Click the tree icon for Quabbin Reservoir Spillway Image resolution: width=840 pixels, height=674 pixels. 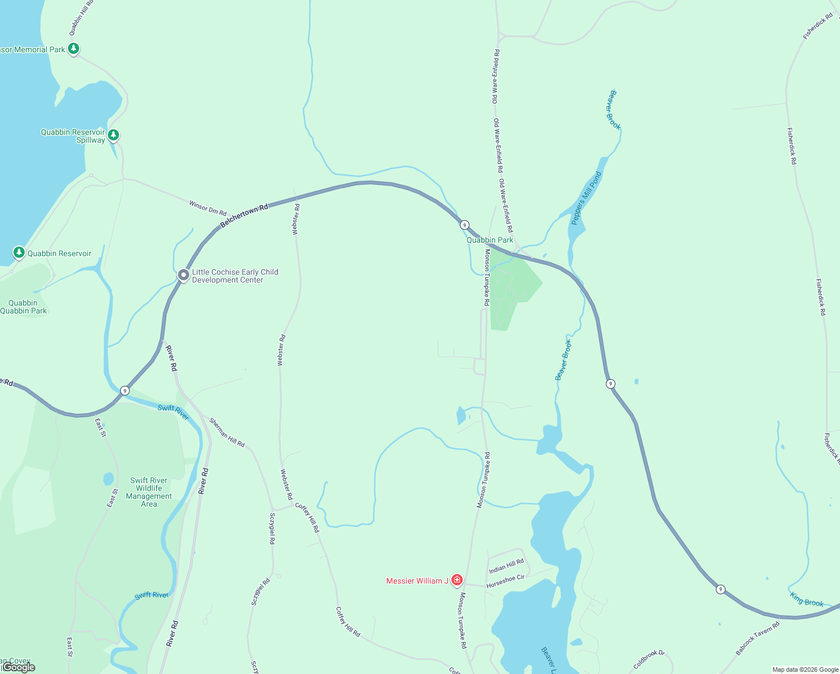113,135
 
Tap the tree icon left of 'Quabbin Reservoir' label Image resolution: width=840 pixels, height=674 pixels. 19,252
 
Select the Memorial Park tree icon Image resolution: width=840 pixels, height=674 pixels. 74,49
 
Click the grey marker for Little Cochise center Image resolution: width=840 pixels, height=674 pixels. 183,275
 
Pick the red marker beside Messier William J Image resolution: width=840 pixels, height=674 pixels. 457,580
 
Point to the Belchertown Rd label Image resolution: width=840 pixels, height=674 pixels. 244,216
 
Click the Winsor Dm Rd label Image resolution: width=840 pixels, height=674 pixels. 208,208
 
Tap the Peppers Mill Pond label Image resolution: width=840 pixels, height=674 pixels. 586,198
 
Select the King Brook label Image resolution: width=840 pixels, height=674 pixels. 807,599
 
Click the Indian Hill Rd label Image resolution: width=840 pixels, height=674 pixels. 506,566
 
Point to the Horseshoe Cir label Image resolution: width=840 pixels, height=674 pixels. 505,581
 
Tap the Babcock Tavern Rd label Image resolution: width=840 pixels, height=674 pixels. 757,638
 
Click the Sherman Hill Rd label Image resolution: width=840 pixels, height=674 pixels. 227,432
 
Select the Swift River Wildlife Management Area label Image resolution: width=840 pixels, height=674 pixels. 149,492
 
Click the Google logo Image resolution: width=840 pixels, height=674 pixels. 19,667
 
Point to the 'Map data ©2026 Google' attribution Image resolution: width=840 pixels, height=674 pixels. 805,670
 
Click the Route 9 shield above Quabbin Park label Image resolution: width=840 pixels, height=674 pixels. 464,225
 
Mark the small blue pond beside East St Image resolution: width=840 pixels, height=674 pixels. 108,479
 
